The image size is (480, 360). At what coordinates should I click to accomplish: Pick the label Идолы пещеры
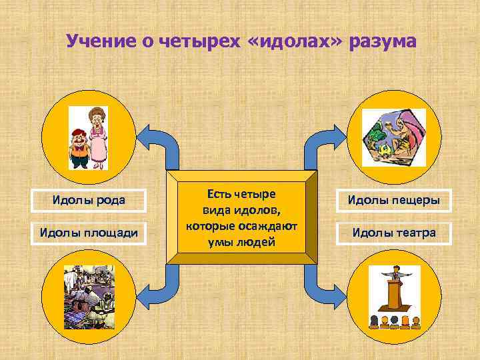[393, 200]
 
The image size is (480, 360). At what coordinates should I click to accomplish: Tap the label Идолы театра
[393, 233]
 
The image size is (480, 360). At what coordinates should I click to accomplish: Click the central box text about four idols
[241, 217]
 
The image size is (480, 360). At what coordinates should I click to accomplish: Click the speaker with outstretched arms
[395, 275]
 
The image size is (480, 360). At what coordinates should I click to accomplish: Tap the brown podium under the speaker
[395, 296]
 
